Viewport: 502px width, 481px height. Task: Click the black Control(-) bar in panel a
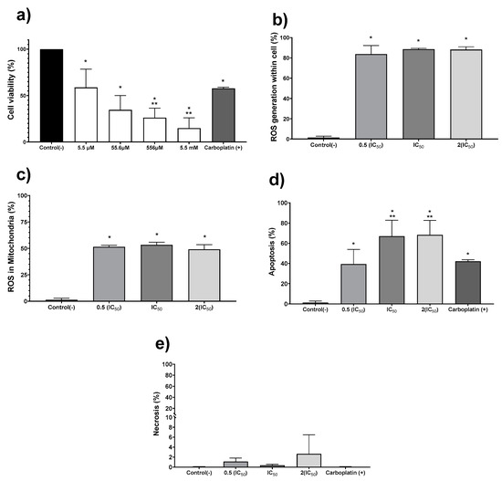(51, 93)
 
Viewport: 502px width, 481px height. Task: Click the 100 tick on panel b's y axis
(287, 37)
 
